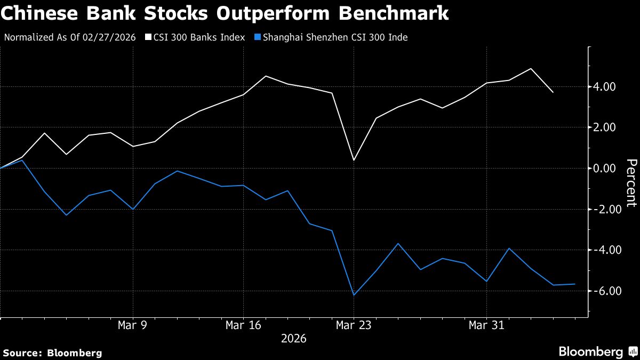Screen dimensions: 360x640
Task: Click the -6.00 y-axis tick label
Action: click(x=603, y=291)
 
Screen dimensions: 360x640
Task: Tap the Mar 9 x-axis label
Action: click(x=132, y=325)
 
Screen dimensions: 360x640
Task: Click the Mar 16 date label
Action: click(x=243, y=325)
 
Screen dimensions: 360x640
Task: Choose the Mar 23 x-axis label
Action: click(x=354, y=325)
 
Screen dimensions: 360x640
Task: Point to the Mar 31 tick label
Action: click(x=486, y=325)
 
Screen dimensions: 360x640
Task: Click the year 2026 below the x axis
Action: click(x=294, y=339)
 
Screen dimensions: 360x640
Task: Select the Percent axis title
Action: click(x=631, y=182)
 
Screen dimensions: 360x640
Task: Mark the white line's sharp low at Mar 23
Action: click(x=354, y=160)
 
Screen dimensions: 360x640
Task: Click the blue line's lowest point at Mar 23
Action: click(x=354, y=295)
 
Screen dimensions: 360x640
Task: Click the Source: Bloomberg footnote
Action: click(x=52, y=353)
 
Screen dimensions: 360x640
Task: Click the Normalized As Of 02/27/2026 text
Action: click(x=71, y=37)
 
